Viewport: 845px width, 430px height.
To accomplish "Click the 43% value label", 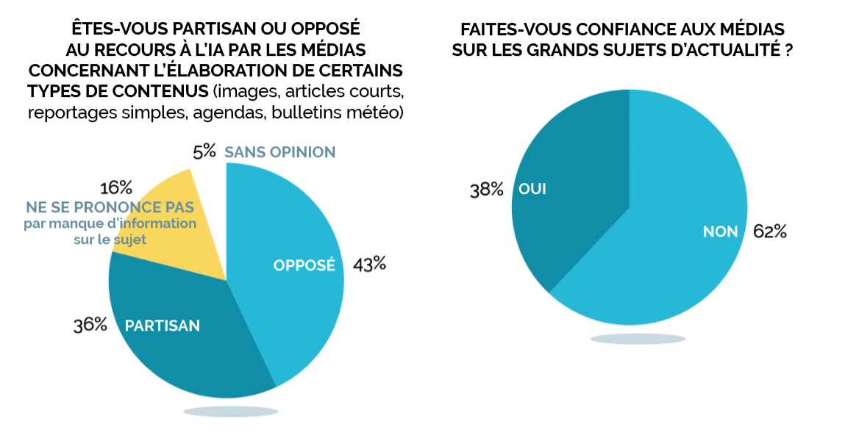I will pos(370,264).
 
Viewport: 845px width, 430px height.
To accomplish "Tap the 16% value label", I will pos(115,187).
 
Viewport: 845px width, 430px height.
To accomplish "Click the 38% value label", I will pos(486,190).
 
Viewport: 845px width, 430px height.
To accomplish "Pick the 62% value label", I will pos(770,232).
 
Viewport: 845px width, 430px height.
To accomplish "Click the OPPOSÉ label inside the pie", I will pos(304,265).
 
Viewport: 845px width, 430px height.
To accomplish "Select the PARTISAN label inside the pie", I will pos(163,325).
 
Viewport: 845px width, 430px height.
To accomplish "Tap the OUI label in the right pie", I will pos(532,189).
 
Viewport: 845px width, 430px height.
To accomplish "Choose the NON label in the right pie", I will pos(720,232).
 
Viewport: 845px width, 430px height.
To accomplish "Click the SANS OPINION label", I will pos(279,152).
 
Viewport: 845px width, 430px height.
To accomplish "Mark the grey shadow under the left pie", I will pos(230,411).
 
